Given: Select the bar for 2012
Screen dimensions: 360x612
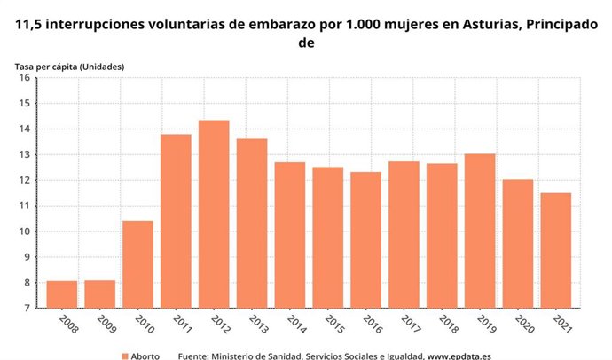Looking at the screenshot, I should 214,214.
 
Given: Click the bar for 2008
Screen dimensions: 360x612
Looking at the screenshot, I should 61,294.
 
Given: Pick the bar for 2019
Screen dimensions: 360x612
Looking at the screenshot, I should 480,231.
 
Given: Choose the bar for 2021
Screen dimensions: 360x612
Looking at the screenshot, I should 556,250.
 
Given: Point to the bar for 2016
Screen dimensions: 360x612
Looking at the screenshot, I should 366,239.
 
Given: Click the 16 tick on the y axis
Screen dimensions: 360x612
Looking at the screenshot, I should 26,78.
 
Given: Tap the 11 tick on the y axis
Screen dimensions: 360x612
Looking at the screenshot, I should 26,206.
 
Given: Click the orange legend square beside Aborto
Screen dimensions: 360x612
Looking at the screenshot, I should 125,356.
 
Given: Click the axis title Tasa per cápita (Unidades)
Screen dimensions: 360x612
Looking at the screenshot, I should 69,67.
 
